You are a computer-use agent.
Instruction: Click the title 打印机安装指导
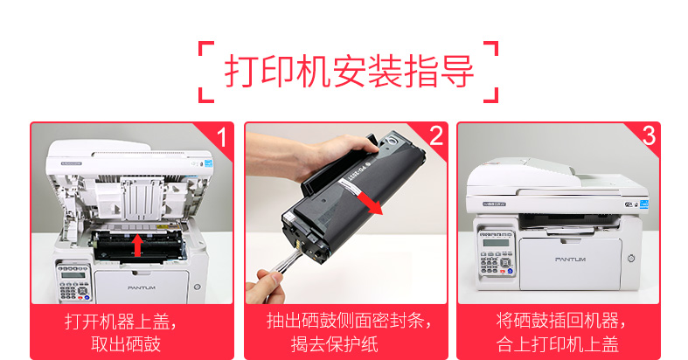pyautogui.click(x=350, y=72)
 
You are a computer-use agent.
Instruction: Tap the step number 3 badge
pyautogui.click(x=649, y=136)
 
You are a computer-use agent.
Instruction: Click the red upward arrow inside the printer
pyautogui.click(x=138, y=246)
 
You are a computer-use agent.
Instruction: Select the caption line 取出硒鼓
pyautogui.click(x=126, y=343)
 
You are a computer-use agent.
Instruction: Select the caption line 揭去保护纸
pyautogui.click(x=334, y=343)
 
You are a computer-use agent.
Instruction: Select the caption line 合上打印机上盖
pyautogui.click(x=558, y=343)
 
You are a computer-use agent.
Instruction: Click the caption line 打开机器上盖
pyautogui.click(x=122, y=322)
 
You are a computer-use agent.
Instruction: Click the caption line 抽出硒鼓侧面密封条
pyautogui.click(x=350, y=321)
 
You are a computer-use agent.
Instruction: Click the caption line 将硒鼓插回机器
pyautogui.click(x=561, y=321)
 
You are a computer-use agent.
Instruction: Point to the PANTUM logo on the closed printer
pyautogui.click(x=570, y=260)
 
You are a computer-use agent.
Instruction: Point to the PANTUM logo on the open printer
pyautogui.click(x=142, y=287)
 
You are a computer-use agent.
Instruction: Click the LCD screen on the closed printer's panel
pyautogui.click(x=496, y=243)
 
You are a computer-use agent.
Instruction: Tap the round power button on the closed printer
pyautogui.click(x=631, y=259)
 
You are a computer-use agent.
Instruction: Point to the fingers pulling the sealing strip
pyautogui.click(x=264, y=287)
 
